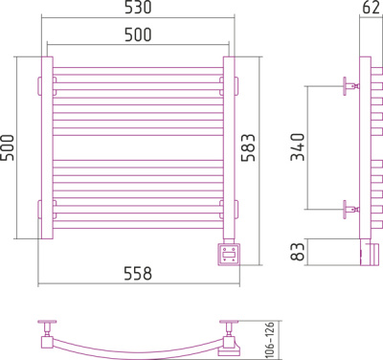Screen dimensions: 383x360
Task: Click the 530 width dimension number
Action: point(138,7)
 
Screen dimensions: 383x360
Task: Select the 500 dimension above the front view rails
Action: point(138,34)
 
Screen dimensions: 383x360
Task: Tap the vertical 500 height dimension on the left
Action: point(8,147)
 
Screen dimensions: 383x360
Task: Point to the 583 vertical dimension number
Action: point(248,147)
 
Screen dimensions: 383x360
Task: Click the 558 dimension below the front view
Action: point(138,274)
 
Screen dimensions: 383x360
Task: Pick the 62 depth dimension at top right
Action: point(372,7)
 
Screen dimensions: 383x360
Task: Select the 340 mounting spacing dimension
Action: point(298,147)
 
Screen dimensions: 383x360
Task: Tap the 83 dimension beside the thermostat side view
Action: point(298,252)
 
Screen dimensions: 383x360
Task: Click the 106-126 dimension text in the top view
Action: point(270,340)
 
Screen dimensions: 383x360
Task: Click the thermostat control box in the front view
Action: point(229,255)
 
